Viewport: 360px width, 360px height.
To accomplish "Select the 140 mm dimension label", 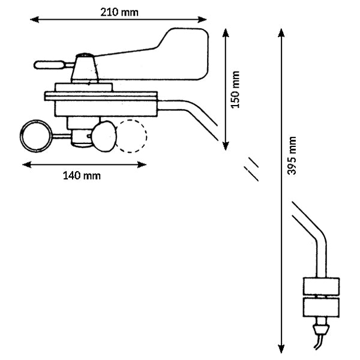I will coord(82,176).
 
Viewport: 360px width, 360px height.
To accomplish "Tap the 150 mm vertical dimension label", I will coord(236,89).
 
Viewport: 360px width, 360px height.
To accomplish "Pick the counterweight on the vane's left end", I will coord(47,63).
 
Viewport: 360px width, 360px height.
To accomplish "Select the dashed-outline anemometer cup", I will coord(131,136).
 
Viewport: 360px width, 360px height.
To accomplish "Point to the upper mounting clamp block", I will coord(320,286).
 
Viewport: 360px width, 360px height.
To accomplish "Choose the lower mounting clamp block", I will coord(320,308).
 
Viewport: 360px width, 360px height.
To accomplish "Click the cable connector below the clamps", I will coord(322,329).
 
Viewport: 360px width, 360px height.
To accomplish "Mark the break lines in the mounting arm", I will coord(252,169).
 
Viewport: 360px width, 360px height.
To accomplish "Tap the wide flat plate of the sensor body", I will coord(102,94).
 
